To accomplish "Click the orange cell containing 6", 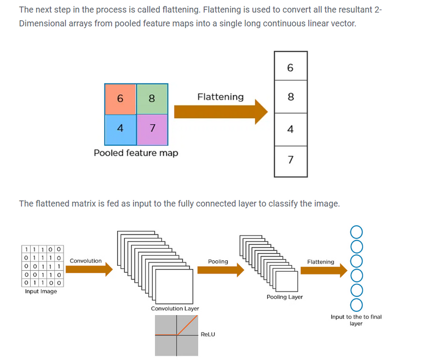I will click(120, 99).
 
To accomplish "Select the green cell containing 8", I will click(152, 99).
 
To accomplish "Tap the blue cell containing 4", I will click(120, 128).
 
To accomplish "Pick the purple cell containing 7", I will click(152, 128).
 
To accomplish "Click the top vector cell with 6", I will click(290, 67).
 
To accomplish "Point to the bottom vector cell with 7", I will click(290, 160).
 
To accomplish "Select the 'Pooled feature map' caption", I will click(136, 153).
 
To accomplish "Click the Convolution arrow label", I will click(85, 261).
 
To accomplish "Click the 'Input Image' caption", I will click(41, 291).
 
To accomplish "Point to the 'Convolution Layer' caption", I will click(175, 308).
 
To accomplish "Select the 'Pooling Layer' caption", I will click(285, 297).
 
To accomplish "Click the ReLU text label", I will click(208, 334).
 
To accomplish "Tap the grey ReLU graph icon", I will click(176, 336).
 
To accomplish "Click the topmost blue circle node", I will click(356, 231).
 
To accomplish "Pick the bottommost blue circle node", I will click(356, 304).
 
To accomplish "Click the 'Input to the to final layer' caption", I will click(356, 320).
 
